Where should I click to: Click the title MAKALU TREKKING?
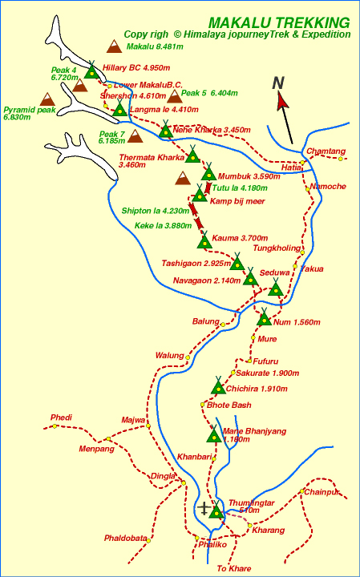pos(278,22)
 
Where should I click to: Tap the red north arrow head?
pos(282,101)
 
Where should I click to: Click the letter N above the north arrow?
pos(278,82)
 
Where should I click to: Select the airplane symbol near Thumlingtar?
pos(205,508)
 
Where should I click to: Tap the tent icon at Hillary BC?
pos(92,71)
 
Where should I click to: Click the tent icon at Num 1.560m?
pos(265,318)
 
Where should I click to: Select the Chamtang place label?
pos(325,151)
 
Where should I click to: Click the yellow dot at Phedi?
pos(55,426)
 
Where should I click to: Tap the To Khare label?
pos(234,568)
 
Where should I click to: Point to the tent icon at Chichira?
pos(217,386)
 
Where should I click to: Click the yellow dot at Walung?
pos(188,357)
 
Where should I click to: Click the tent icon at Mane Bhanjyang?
pos(213,435)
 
